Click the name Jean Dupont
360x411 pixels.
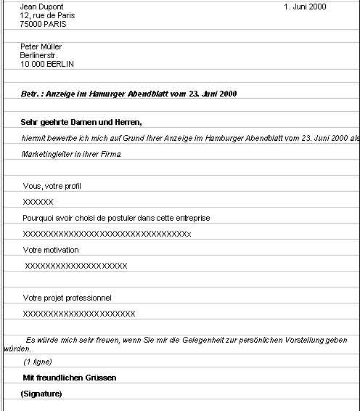click(x=41, y=7)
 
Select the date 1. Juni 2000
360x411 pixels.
click(x=305, y=7)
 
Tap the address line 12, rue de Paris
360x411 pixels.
click(x=47, y=15)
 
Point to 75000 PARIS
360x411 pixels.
click(x=44, y=24)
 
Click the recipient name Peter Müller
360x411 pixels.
click(x=41, y=46)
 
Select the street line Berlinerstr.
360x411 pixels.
click(x=38, y=55)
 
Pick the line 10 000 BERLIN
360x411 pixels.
click(x=47, y=64)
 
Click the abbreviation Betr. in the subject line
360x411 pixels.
click(x=31, y=94)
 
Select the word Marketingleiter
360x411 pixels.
click(x=47, y=154)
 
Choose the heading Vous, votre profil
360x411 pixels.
click(x=52, y=186)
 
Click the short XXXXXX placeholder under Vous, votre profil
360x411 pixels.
click(x=38, y=202)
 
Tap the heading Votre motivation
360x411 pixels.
click(x=51, y=250)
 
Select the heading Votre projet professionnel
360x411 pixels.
click(x=67, y=298)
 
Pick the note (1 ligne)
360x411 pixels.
click(x=38, y=362)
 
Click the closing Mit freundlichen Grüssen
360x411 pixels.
click(x=70, y=378)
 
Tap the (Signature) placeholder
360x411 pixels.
click(x=41, y=394)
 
